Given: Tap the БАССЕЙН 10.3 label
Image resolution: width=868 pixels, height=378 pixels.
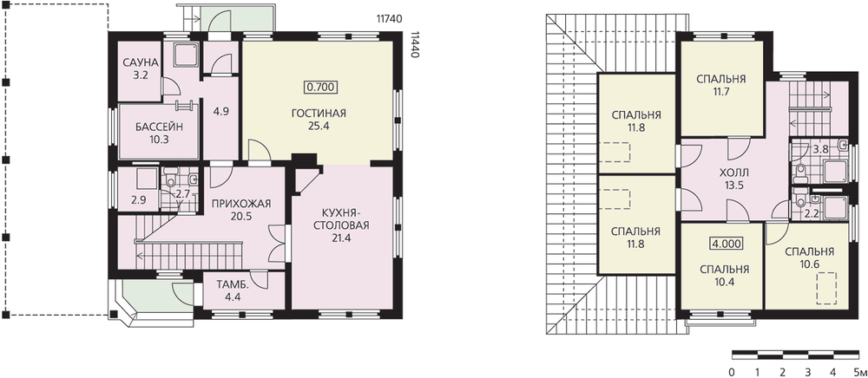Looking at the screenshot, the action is coord(159,134).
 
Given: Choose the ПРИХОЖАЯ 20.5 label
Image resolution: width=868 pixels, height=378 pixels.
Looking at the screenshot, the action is coord(240,210).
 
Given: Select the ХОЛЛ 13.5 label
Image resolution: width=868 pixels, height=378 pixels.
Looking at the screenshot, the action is coord(733,178).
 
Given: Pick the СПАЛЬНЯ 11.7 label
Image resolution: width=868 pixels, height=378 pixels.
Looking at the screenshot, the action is coord(720,85).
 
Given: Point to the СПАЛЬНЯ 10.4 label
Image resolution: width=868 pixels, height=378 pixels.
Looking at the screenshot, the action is coord(724,275).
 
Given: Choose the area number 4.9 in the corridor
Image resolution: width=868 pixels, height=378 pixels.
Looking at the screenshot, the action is coord(220,111).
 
